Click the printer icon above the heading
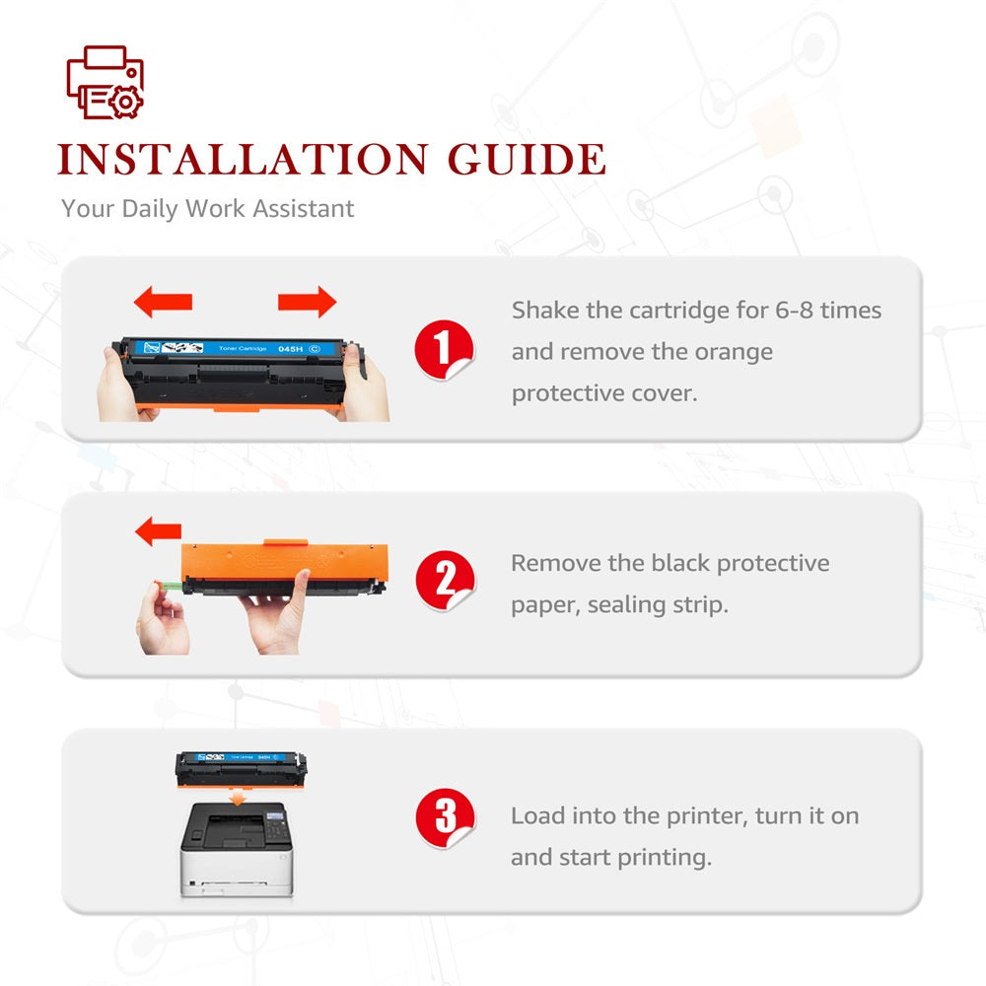pos(106,82)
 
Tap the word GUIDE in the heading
pos(527,159)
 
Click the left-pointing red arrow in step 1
pos(163,301)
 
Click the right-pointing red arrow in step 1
pos(307,302)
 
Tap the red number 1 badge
pos(444,350)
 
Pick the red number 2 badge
pos(446,581)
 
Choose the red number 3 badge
pos(446,818)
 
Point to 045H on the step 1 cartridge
pos(291,348)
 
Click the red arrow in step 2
pos(158,531)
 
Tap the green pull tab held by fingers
pos(169,586)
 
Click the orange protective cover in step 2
pos(284,561)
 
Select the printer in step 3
pos(237,849)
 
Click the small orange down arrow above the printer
pos(237,798)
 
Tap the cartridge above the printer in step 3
pos(241,768)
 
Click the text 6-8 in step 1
pos(794,310)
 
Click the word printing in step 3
pos(664,858)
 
